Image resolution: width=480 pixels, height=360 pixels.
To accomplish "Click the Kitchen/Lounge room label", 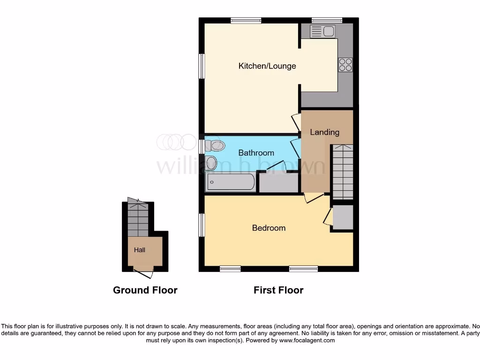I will point(267,66).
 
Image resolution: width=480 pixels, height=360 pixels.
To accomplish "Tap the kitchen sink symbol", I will point(322,31).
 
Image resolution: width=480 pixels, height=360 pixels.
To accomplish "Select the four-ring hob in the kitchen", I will point(345,64).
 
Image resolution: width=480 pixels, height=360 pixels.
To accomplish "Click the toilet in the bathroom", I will point(215,146).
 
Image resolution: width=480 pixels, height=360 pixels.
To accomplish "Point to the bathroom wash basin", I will point(211,164).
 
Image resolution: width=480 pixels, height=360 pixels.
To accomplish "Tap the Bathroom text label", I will point(256,153).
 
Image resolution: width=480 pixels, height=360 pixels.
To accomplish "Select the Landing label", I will point(324,132).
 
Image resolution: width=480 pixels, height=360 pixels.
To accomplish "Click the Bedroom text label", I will point(269,228).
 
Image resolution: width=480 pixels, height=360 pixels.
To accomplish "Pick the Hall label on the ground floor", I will point(140,250).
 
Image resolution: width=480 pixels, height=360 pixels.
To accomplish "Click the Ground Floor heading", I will point(145,290).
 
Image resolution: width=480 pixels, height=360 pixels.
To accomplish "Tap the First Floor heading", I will point(278,290).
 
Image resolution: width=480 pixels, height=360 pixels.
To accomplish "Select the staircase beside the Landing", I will point(342,171).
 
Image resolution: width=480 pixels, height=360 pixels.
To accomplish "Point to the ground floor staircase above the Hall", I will point(138,219).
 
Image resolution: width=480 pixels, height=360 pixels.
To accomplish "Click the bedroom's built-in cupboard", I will point(342,217).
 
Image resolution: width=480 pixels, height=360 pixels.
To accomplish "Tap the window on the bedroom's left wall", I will point(201,225).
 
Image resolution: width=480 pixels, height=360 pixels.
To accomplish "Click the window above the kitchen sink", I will point(327,20).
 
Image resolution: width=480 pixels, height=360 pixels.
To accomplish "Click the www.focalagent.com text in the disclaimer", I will point(307,341).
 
